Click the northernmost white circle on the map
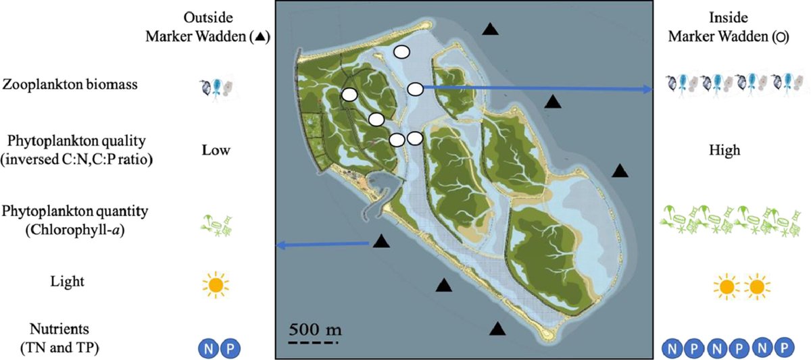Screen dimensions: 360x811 click(x=401, y=51)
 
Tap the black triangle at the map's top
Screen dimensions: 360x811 click(x=490, y=28)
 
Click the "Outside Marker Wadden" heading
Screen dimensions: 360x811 click(x=207, y=28)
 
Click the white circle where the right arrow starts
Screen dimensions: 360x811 click(x=415, y=88)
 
